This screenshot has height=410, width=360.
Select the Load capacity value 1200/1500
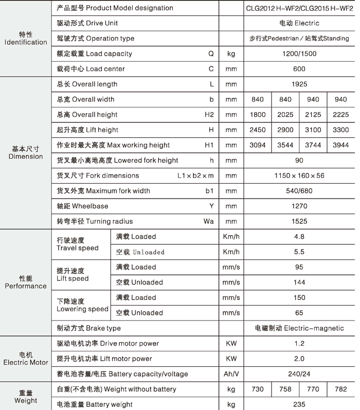pyautogui.click(x=299, y=54)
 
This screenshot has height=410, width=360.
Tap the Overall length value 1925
pyautogui.click(x=299, y=84)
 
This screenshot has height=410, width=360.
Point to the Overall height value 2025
pyautogui.click(x=285, y=115)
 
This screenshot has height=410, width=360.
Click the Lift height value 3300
pyautogui.click(x=340, y=130)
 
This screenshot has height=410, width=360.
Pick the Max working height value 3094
pyautogui.click(x=257, y=145)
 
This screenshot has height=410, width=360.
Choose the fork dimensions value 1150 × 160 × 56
pyautogui.click(x=299, y=175)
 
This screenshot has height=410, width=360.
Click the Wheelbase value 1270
pyautogui.click(x=299, y=206)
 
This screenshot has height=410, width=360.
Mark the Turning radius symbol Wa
pyautogui.click(x=208, y=222)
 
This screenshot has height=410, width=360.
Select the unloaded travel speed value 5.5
pyautogui.click(x=299, y=252)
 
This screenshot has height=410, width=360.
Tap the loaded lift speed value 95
pyautogui.click(x=299, y=267)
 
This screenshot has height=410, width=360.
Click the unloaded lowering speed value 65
pyautogui.click(x=299, y=313)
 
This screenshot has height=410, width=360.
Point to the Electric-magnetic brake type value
pyautogui.click(x=299, y=328)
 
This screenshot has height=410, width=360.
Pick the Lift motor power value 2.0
pyautogui.click(x=299, y=359)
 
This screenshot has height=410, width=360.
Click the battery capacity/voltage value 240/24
pyautogui.click(x=299, y=374)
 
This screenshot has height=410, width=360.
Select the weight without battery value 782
pyautogui.click(x=340, y=389)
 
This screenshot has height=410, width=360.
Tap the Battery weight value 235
pyautogui.click(x=299, y=404)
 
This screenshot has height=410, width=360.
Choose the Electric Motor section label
pyautogui.click(x=26, y=359)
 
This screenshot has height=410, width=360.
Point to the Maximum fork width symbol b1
pyautogui.click(x=209, y=191)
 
